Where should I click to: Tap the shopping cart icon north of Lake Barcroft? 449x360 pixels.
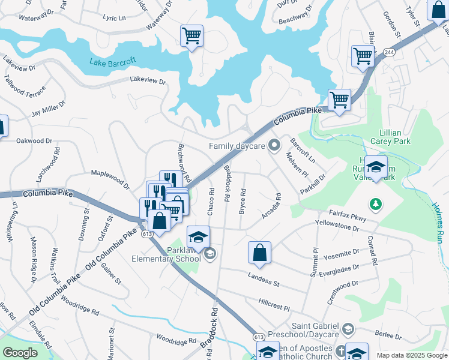point(191,35)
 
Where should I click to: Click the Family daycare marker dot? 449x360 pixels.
point(274,145)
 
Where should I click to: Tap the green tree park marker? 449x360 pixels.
point(376,205)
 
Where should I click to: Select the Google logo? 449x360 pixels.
point(20,353)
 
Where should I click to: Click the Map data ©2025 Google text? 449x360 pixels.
point(411,355)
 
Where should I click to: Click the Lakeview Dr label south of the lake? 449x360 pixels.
point(147,79)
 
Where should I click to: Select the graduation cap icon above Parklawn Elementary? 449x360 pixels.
point(198,236)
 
